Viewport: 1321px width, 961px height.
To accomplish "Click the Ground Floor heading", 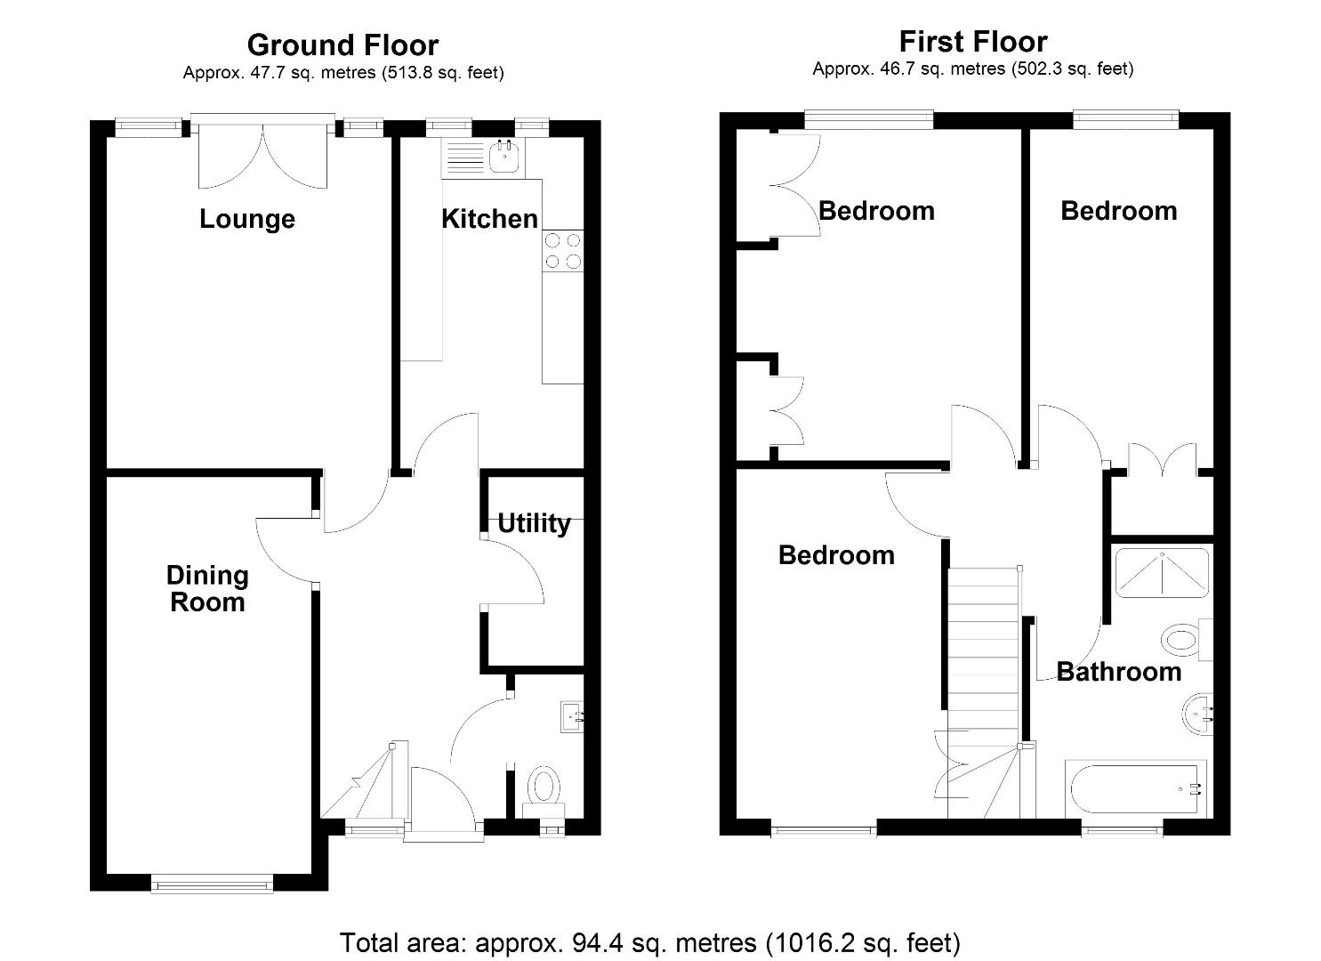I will (x=342, y=44).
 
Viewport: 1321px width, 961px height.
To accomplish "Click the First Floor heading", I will (x=972, y=41).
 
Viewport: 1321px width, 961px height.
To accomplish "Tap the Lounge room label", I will (x=246, y=219).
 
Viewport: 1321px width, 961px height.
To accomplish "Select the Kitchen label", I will (x=489, y=218).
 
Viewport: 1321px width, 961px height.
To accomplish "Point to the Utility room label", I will (x=533, y=523).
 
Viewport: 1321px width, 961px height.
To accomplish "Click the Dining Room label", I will (x=207, y=588).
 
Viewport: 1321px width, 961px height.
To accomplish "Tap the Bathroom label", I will (x=1118, y=671).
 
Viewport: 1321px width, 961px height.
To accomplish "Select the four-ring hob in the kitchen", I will (x=562, y=250).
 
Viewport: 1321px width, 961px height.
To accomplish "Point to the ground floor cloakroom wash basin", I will (x=572, y=716).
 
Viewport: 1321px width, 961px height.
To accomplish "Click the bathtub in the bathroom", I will (x=1137, y=788).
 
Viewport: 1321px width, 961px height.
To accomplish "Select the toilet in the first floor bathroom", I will (x=1183, y=639).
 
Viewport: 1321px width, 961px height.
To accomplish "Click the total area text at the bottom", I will (x=649, y=941).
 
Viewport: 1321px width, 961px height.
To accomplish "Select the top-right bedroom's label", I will (x=1118, y=211).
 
